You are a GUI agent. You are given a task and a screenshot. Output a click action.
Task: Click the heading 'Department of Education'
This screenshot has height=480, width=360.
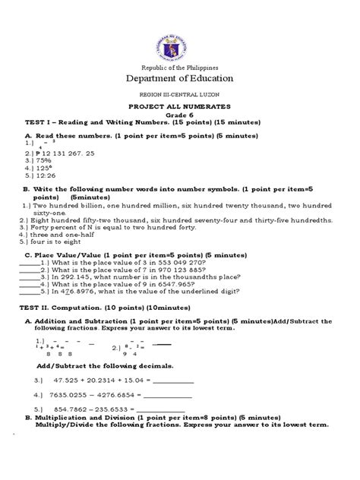click(x=179, y=78)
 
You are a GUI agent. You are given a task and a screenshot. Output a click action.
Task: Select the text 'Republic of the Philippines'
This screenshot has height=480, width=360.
click(x=179, y=67)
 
